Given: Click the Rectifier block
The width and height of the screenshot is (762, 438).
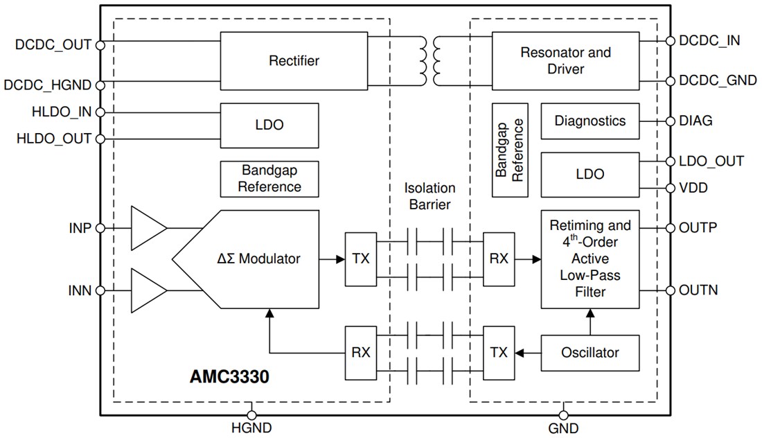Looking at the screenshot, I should [x=294, y=60].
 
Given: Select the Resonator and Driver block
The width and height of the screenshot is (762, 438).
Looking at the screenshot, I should [x=565, y=60].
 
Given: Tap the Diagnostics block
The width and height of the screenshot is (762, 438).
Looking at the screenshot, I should [x=590, y=121].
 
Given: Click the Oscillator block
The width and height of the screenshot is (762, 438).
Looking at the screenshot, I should [x=590, y=352].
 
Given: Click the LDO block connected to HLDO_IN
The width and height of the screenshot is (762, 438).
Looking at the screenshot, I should [x=269, y=125].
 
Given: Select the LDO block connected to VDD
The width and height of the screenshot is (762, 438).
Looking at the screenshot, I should [x=590, y=174].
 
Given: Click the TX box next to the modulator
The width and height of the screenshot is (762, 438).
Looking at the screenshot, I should [x=361, y=259].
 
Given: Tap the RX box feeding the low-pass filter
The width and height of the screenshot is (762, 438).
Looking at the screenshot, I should [x=499, y=259].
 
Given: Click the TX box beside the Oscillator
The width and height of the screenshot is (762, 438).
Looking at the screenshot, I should [x=499, y=352].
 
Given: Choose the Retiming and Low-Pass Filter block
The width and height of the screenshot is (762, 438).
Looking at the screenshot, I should [x=590, y=259].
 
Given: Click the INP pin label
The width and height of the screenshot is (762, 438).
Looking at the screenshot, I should [x=80, y=227].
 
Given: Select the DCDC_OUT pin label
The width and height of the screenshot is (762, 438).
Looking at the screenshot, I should [x=53, y=45].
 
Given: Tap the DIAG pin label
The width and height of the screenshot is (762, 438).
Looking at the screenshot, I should [x=695, y=121].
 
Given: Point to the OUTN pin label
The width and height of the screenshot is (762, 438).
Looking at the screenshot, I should [x=698, y=290].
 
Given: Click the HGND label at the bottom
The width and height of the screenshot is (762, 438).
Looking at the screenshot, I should [x=251, y=428].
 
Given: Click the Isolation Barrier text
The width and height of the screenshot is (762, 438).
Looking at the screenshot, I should [x=429, y=196].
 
